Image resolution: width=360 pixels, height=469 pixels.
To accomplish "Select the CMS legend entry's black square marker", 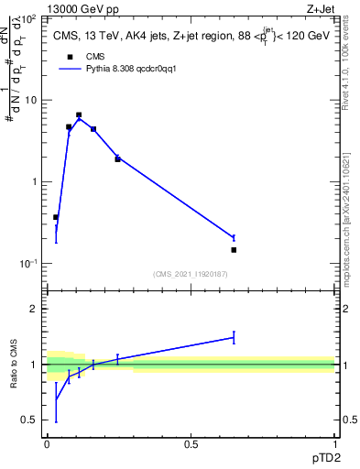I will pyautogui.click(x=69, y=57).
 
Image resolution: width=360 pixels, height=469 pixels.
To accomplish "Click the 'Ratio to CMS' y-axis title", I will pyautogui.click(x=14, y=364).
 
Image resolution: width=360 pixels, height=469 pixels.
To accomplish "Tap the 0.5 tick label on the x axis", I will pyautogui.click(x=191, y=444).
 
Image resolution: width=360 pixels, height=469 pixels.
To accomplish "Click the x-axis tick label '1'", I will pyautogui.click(x=334, y=444).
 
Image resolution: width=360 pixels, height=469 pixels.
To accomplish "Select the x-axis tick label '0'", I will pyautogui.click(x=48, y=444).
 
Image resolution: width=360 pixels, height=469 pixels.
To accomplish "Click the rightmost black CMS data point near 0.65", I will pyautogui.click(x=234, y=250).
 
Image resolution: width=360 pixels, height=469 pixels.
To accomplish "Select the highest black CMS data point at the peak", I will pyautogui.click(x=79, y=115).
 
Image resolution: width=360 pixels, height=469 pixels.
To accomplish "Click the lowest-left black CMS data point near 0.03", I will pyautogui.click(x=56, y=217).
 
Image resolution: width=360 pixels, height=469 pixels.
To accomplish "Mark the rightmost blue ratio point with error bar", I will pyautogui.click(x=234, y=337).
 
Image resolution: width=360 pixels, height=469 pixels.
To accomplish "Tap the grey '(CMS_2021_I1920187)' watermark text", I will pyautogui.click(x=191, y=274).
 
